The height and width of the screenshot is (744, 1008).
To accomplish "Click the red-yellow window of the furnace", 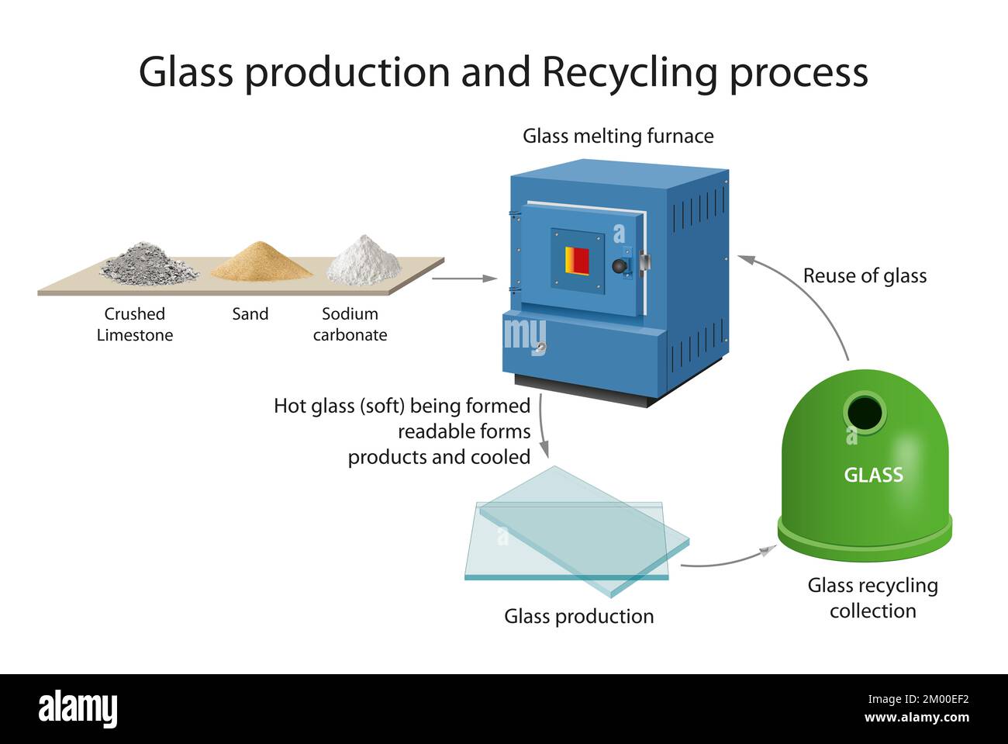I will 577,261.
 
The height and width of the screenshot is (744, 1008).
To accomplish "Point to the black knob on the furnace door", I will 620,265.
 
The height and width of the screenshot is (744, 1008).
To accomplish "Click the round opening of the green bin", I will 864,412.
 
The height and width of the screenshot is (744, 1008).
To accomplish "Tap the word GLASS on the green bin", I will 873,475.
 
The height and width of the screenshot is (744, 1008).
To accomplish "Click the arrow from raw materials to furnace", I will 464,278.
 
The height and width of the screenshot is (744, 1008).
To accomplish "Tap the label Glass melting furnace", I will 618,137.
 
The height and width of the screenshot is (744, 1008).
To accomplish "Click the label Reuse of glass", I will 865,276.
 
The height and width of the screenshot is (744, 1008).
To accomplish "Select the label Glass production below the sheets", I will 578,616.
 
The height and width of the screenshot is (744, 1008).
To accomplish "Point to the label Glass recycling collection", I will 872,598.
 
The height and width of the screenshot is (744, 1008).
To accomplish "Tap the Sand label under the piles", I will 250,314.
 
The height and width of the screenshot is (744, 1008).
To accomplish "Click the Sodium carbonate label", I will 350,324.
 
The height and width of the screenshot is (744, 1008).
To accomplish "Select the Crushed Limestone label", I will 135,324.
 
